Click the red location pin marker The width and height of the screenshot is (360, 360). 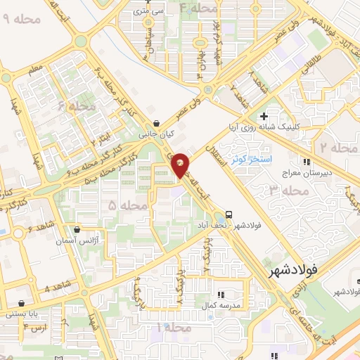tap(181, 165)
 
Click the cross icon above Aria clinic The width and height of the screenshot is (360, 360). tap(264, 116)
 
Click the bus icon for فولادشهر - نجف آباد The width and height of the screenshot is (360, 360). tap(229, 214)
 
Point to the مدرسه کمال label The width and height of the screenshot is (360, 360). tap(226, 306)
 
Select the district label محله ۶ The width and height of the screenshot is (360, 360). tap(77, 106)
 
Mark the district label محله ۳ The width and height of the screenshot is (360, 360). tap(288, 191)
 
